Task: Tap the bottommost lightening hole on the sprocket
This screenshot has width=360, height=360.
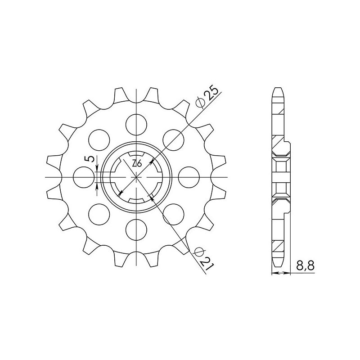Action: tap(136, 229)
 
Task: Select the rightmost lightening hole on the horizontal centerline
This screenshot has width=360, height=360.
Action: tap(189, 176)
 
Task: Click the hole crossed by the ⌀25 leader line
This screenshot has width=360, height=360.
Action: tap(174, 139)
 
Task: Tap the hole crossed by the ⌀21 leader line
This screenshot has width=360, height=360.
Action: tap(174, 214)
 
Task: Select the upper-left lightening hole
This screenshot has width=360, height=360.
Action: tap(99, 139)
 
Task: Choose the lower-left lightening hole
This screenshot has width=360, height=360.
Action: tap(99, 214)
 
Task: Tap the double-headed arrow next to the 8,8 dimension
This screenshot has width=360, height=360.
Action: tap(279, 273)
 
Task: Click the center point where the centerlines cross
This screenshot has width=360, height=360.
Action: tap(136, 176)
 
